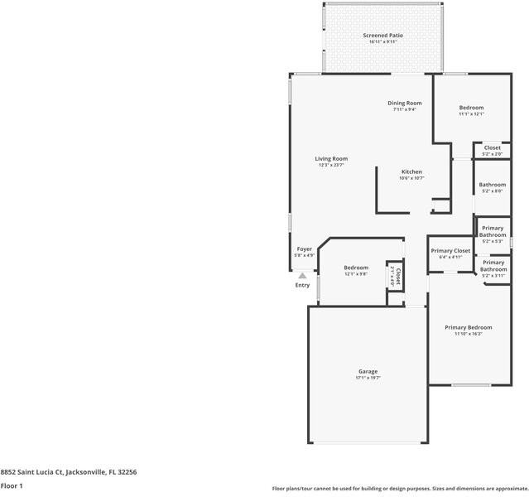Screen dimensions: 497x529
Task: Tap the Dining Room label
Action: pyautogui.click(x=405, y=104)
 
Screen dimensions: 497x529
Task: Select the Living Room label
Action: pyautogui.click(x=331, y=159)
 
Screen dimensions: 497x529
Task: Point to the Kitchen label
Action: pyautogui.click(x=411, y=172)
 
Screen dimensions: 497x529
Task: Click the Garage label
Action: pyautogui.click(x=368, y=371)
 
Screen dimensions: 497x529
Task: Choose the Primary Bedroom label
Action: pyautogui.click(x=468, y=328)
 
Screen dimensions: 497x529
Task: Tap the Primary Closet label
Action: pyautogui.click(x=450, y=251)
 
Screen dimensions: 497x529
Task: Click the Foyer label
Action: pyautogui.click(x=305, y=249)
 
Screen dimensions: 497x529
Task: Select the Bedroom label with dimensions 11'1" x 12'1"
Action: pyautogui.click(x=471, y=108)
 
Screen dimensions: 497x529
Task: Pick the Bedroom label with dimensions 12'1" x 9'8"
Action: pyautogui.click(x=356, y=268)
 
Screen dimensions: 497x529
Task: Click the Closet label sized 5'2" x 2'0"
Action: pyautogui.click(x=492, y=148)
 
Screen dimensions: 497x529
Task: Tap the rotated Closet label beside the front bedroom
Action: pyautogui.click(x=397, y=276)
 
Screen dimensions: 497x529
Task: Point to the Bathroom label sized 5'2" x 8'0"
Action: pyautogui.click(x=492, y=185)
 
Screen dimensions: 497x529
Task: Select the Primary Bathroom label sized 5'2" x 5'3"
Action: pyautogui.click(x=493, y=231)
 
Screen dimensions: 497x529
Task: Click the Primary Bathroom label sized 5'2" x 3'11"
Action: pyautogui.click(x=493, y=265)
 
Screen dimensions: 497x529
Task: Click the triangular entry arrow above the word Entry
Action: pyautogui.click(x=303, y=276)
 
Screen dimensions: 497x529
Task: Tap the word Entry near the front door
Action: pyautogui.click(x=303, y=286)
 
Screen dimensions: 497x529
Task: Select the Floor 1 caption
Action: pyautogui.click(x=12, y=486)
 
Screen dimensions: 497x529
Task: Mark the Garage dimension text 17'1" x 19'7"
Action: pyautogui.click(x=368, y=378)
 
